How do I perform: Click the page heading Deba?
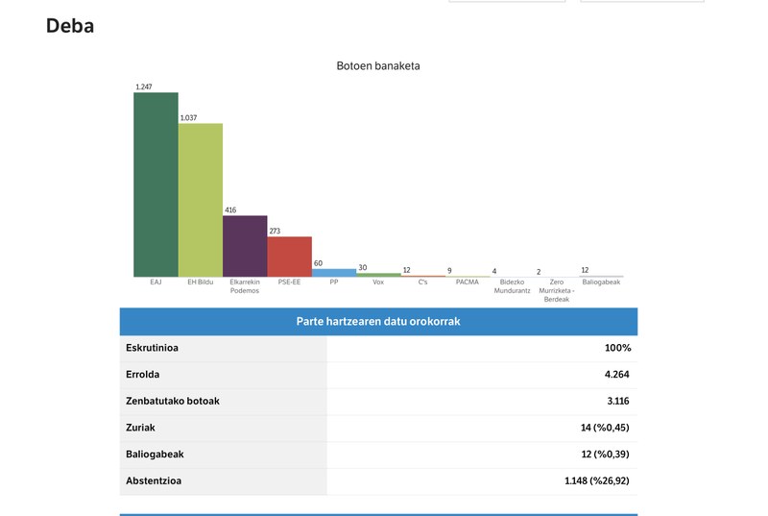(70, 26)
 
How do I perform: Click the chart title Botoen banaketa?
(377, 66)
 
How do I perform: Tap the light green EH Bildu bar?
(200, 200)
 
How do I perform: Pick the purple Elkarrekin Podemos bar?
(245, 246)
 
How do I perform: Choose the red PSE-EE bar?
(289, 257)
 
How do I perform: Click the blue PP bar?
(334, 273)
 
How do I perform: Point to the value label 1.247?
(144, 87)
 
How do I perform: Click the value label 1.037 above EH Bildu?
(188, 118)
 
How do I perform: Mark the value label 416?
(230, 210)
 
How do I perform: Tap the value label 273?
(275, 232)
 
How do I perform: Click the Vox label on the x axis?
(378, 283)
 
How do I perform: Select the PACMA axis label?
(468, 283)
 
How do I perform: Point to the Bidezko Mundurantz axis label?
(512, 286)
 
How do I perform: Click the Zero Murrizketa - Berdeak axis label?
(557, 290)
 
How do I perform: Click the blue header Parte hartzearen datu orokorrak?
(378, 321)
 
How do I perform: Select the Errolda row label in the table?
(143, 375)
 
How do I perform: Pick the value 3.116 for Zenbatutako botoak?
(616, 401)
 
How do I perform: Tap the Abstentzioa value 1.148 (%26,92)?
(596, 480)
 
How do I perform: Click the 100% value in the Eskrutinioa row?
(617, 348)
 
